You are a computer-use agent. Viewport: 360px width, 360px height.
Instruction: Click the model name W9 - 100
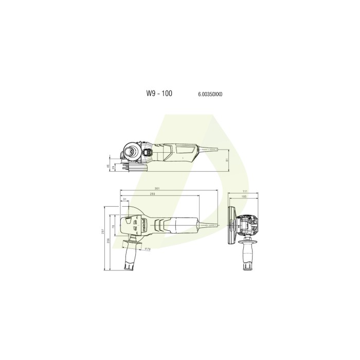[159, 94]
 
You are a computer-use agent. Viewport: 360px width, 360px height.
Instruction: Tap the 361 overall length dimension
[157, 189]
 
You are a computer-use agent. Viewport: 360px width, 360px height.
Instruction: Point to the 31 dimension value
[125, 200]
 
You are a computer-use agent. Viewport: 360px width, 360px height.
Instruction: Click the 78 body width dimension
[114, 227]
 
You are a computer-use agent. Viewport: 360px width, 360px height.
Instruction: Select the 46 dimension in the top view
[107, 166]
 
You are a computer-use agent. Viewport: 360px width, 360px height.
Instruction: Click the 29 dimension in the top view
[112, 168]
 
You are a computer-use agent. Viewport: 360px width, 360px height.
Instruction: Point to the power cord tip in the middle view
[216, 225]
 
